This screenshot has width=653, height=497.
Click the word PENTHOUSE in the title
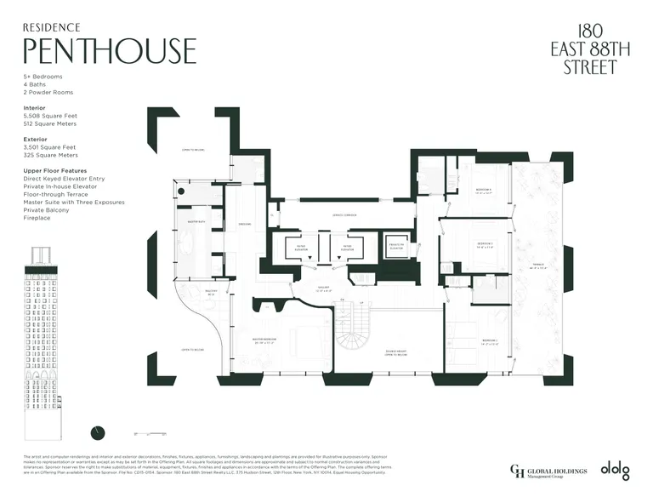(x=110, y=51)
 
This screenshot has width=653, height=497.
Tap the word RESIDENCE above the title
(x=52, y=26)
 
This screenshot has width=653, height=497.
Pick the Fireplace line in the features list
(x=37, y=218)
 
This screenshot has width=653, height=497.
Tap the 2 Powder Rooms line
(x=48, y=92)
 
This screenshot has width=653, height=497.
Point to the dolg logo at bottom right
(x=616, y=469)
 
